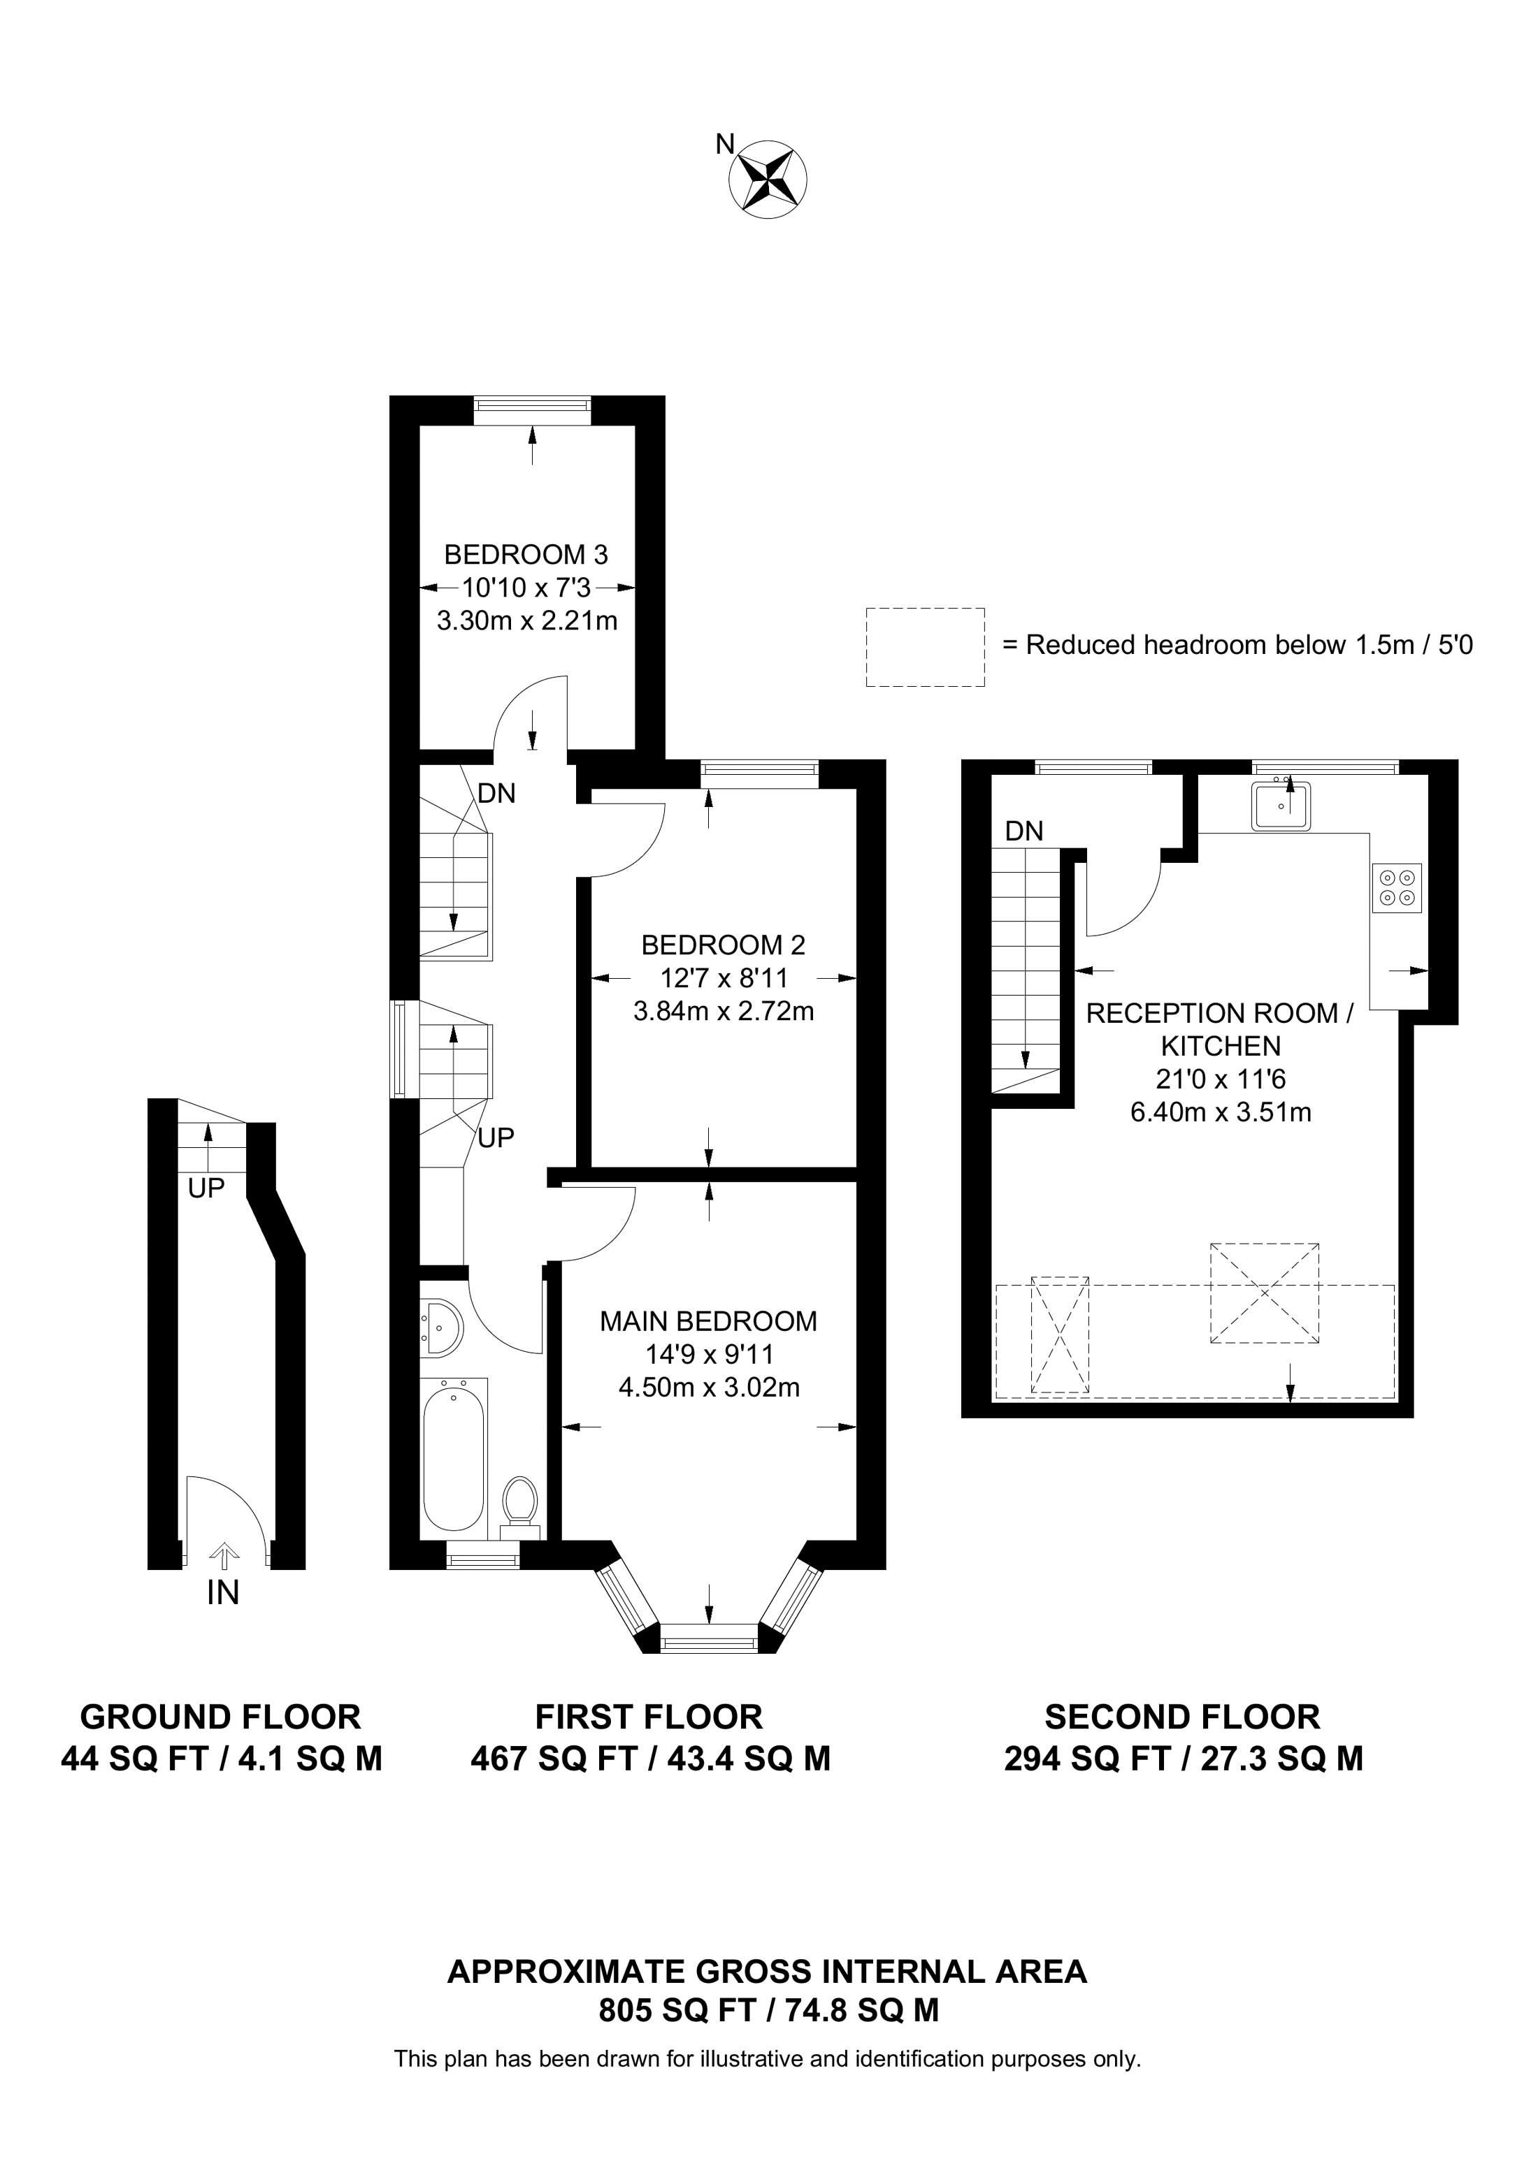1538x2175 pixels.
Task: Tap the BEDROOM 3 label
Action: [x=526, y=554]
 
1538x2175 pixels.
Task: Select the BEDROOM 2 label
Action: [x=723, y=945]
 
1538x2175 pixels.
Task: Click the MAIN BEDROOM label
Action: [x=708, y=1321]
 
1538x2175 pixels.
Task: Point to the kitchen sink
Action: [x=1281, y=806]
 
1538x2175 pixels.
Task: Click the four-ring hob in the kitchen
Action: [x=1397, y=887]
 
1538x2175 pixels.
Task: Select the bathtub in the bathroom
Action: [x=453, y=1460]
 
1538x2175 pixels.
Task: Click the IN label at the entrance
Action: [x=223, y=1594]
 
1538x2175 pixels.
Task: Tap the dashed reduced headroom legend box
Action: [x=925, y=647]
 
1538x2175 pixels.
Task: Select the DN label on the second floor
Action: [x=1023, y=831]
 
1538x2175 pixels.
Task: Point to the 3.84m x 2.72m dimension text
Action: [x=723, y=1011]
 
